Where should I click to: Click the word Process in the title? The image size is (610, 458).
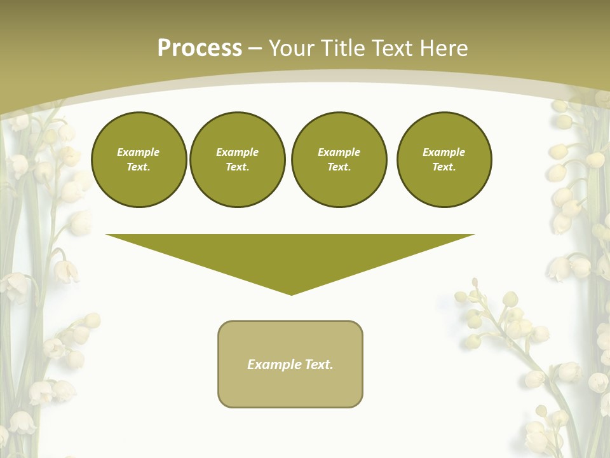tap(200, 48)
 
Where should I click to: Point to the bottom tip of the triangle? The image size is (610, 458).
tap(291, 293)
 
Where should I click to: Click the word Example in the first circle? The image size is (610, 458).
tap(139, 152)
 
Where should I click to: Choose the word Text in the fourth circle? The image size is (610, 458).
tap(444, 167)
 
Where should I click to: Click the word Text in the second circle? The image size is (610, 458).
tap(237, 167)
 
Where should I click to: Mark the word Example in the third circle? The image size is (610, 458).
tap(339, 152)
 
